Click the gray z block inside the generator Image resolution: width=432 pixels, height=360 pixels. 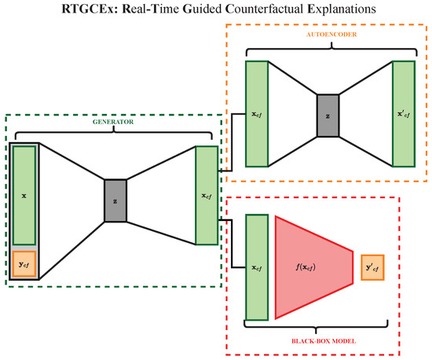115,200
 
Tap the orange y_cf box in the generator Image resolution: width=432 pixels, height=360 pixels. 24,265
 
